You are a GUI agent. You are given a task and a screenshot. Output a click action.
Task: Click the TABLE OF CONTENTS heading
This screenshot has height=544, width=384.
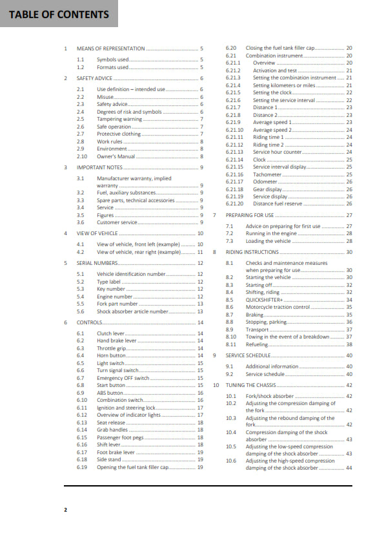coord(59,14)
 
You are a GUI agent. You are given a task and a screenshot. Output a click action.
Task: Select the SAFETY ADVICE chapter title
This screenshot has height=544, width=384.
coord(94,78)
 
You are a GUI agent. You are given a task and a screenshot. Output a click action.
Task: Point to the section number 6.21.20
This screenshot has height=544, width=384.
coord(234,204)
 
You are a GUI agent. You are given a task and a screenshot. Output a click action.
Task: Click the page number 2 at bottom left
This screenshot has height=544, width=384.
coord(65,510)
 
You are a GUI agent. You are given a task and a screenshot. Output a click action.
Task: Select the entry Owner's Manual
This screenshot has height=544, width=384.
coord(116,156)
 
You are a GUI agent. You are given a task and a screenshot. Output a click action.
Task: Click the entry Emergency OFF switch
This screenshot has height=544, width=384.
coord(123,378)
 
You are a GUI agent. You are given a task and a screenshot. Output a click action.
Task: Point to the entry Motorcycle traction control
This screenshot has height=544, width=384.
coord(278,307)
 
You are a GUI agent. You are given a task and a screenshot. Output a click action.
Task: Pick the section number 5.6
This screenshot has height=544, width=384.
coord(80,311)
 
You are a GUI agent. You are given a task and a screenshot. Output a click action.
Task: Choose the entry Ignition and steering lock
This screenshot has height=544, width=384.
coord(126,408)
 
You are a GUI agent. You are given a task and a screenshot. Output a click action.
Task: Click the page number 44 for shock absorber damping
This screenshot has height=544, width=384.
coord(349,468)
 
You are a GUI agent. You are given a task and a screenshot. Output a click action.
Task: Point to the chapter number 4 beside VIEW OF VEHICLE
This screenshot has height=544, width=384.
coord(66,233)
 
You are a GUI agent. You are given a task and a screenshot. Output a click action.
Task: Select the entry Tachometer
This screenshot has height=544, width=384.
coord(267,174)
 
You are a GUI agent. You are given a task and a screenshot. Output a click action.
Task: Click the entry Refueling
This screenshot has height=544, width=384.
coord(257,344)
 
